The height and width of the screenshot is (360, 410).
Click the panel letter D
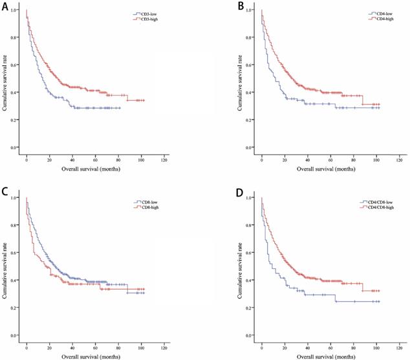click(240, 192)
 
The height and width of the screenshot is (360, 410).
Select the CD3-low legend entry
click(146, 13)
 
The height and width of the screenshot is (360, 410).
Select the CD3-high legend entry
click(146, 19)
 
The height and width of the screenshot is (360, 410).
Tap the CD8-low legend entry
click(146, 200)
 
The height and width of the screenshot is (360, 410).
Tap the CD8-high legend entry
click(146, 207)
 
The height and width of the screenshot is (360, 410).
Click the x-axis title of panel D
click(330, 355)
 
